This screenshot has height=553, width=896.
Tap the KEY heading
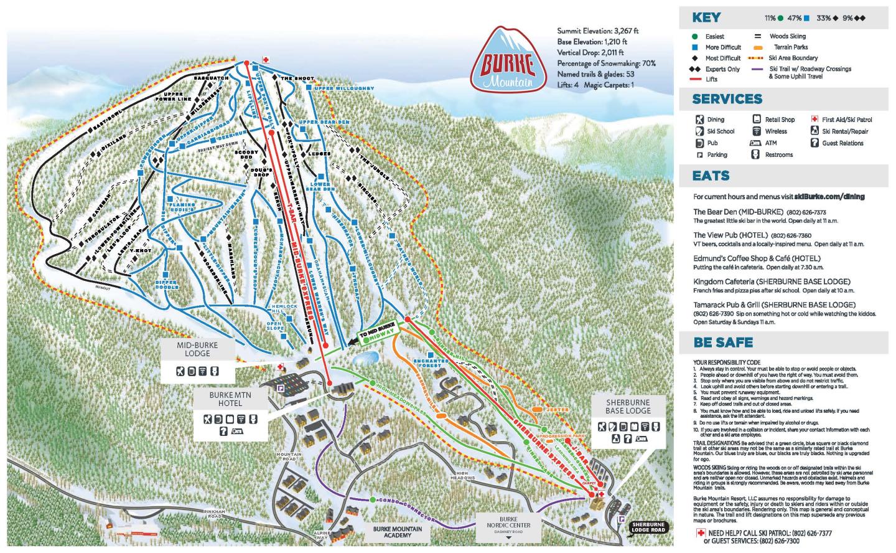click(x=706, y=18)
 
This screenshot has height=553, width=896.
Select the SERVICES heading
click(x=727, y=99)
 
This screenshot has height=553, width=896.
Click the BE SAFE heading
click(x=723, y=343)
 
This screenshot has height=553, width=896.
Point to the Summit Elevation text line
click(x=598, y=31)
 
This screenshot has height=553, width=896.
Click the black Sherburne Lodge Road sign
click(x=648, y=527)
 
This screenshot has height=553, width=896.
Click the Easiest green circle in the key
click(x=694, y=37)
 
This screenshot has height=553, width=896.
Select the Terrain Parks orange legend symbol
click(x=758, y=47)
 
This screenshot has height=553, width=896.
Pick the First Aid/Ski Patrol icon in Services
click(x=814, y=120)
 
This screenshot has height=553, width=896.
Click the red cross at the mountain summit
click(x=266, y=60)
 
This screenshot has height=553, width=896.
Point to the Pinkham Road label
click(x=215, y=513)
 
